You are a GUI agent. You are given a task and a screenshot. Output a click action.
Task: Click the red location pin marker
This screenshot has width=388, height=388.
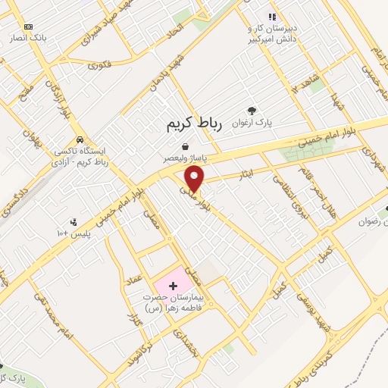[x=196, y=180]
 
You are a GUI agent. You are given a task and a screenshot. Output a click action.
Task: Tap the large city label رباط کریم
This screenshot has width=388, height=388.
[x=195, y=124]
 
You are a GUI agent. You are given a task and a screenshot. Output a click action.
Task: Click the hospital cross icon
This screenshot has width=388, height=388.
[x=174, y=286]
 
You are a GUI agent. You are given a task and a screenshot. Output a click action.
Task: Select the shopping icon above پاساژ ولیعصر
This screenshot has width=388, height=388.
[x=186, y=147]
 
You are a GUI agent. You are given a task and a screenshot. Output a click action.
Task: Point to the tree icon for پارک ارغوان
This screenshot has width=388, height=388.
[x=252, y=109]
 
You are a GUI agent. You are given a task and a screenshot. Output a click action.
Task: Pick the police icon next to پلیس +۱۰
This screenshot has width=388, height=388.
[x=74, y=223]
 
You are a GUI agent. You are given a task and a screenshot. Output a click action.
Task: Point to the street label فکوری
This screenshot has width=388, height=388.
[x=99, y=65]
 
